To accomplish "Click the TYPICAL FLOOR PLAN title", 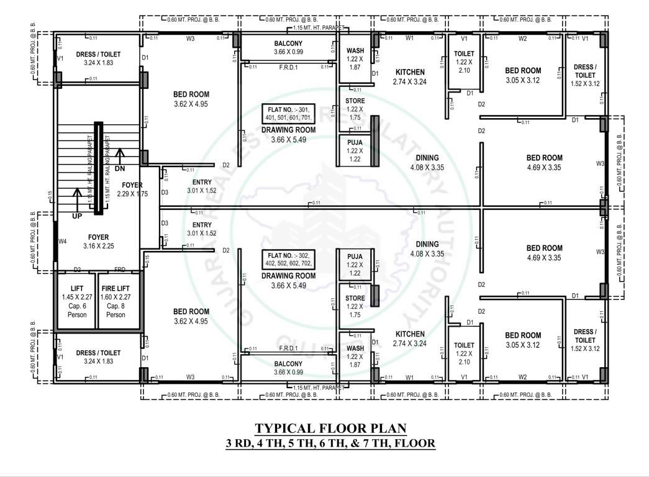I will coord(331,429).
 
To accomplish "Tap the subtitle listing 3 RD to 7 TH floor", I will coord(330,443).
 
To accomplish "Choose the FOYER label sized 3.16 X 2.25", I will coord(98,237).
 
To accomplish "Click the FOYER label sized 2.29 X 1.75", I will coord(132,185).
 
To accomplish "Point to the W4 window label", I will coord(62,241).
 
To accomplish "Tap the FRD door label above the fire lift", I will coord(120,270).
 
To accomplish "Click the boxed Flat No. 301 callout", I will coord(289,113).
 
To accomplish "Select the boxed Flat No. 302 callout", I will coord(289,260).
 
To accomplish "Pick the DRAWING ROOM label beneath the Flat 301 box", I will coord(288,130).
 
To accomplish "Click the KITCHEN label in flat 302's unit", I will coord(410,334).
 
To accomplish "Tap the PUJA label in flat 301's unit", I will coord(355,142).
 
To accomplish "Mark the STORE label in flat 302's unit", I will coord(355,299).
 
